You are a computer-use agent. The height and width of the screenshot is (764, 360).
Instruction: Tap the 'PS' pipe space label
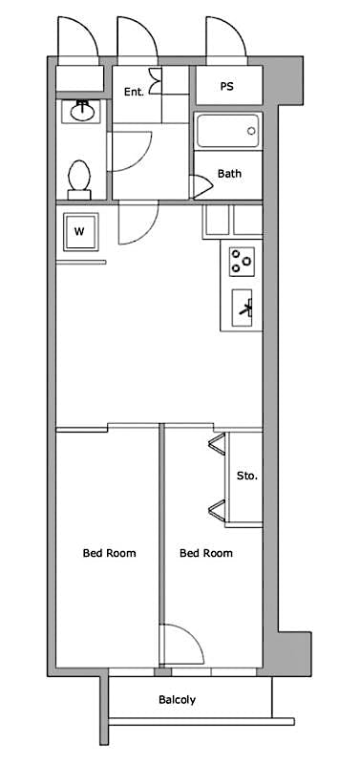coord(227,86)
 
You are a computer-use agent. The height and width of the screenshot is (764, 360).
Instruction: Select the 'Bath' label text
coord(229,174)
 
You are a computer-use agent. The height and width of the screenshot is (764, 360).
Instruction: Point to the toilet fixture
coord(80,179)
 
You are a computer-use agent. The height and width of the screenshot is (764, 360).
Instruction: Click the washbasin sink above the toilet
coord(80,113)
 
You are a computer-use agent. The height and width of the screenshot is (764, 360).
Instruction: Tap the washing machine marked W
coord(79,231)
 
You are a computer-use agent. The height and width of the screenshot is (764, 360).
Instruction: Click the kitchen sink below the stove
coord(243,308)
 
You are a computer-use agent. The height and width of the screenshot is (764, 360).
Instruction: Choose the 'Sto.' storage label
coord(246,475)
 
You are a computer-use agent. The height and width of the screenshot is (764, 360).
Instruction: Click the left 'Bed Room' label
coord(109,553)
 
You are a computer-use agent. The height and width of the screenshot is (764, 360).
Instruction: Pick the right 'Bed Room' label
coord(206,553)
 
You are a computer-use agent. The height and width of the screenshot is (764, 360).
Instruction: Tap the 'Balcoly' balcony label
coord(177,700)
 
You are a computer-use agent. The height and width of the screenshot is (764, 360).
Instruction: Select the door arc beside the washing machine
coord(136,225)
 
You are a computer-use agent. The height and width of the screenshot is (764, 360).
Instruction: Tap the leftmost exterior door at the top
coord(75,41)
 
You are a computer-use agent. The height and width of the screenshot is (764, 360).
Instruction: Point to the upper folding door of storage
coord(217,444)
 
